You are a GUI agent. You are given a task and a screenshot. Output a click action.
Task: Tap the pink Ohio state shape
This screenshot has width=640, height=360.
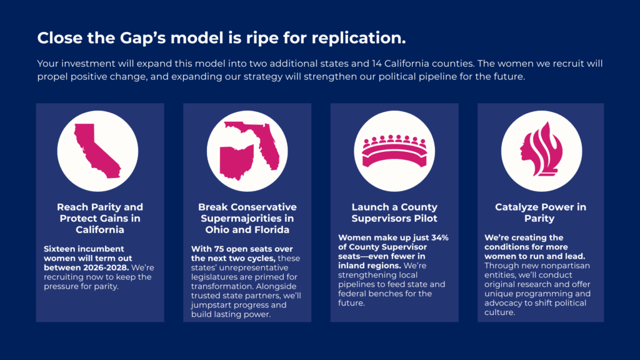click(x=236, y=162)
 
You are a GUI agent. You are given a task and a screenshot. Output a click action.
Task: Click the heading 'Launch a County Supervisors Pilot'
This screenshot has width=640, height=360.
click(x=394, y=212)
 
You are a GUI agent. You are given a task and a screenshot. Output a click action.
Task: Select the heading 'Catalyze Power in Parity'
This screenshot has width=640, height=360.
click(x=541, y=212)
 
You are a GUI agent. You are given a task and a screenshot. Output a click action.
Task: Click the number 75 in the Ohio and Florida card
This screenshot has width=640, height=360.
click(x=224, y=249)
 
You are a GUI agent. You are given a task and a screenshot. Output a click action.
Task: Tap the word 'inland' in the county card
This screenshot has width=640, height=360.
click(x=352, y=266)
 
